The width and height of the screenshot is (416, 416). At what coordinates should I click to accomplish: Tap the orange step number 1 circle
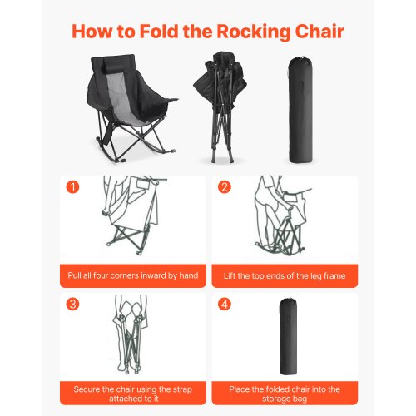(x=72, y=187)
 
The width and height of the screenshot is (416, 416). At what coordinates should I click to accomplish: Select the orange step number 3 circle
(x=72, y=304)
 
